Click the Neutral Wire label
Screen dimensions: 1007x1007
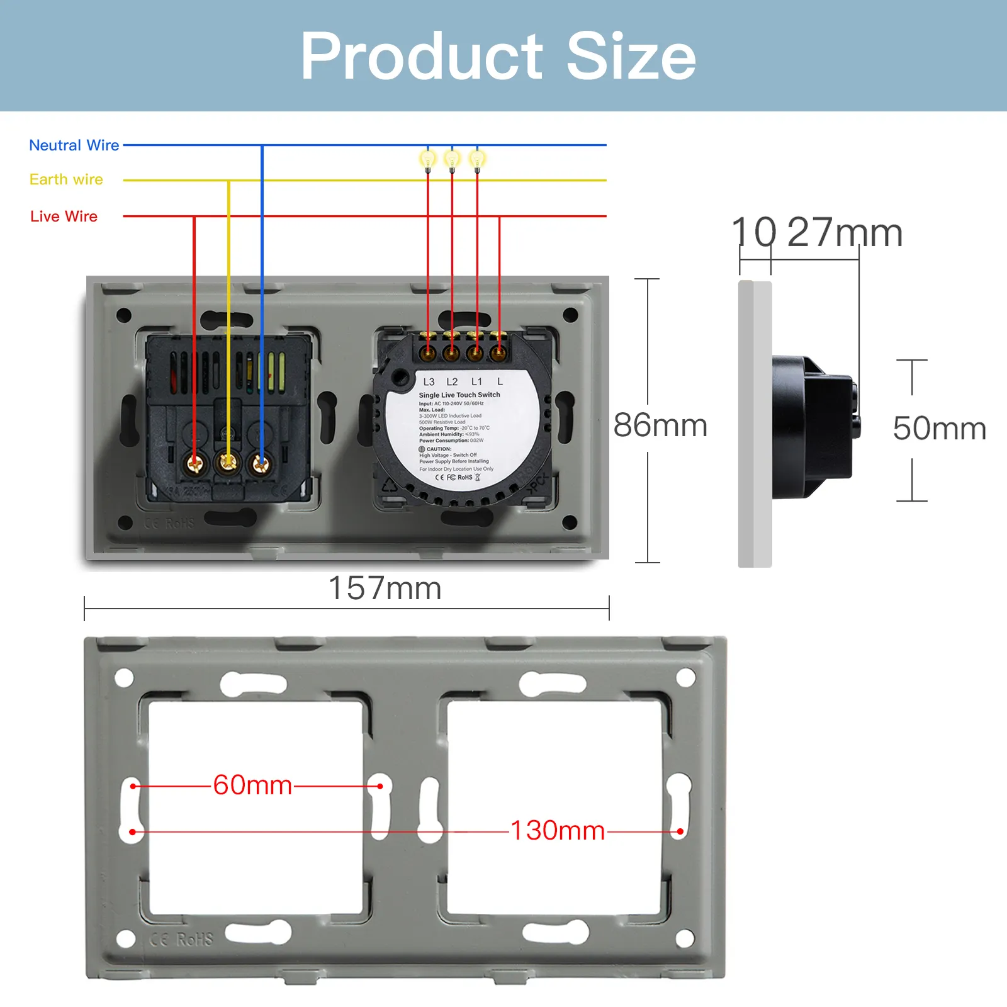tap(74, 145)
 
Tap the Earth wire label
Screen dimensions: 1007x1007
tap(66, 179)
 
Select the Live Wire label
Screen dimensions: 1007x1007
tap(64, 217)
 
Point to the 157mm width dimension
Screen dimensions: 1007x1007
tap(385, 588)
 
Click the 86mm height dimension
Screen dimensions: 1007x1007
tap(660, 425)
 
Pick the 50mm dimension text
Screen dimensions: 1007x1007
tap(939, 429)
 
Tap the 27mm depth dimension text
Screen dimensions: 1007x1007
tap(845, 233)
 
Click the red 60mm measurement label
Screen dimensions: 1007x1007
tap(252, 785)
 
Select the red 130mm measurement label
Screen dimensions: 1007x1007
tap(557, 831)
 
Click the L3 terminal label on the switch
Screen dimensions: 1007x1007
tap(429, 382)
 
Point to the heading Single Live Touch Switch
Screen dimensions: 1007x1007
tap(459, 395)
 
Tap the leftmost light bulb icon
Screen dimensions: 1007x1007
tap(428, 159)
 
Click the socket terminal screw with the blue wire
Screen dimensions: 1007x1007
tap(261, 464)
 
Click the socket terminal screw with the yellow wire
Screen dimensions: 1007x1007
tap(228, 464)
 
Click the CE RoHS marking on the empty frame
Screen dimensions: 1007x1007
tap(182, 939)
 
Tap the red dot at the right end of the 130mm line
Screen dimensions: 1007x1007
tap(680, 831)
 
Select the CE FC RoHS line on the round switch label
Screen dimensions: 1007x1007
tap(458, 478)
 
